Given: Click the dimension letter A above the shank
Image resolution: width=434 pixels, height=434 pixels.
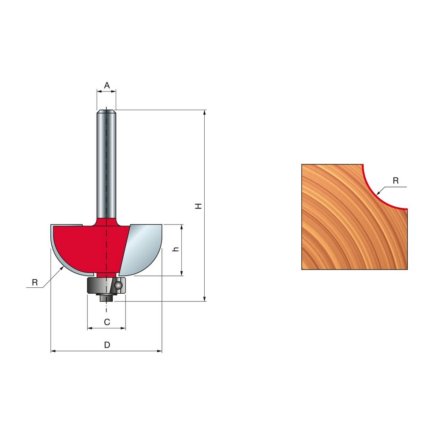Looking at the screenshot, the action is pyautogui.click(x=107, y=85).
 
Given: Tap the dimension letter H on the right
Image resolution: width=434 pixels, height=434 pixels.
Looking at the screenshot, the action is pyautogui.click(x=198, y=206).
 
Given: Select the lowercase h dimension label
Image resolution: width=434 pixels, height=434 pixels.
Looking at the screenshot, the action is pyautogui.click(x=175, y=249).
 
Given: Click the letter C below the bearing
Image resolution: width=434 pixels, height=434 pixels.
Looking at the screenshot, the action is pyautogui.click(x=107, y=322).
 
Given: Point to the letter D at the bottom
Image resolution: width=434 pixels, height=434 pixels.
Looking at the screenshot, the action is pyautogui.click(x=107, y=345).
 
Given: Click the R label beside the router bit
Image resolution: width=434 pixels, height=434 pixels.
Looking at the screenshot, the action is pyautogui.click(x=35, y=282).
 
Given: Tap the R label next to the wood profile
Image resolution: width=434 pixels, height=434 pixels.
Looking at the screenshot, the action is pyautogui.click(x=395, y=181).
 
